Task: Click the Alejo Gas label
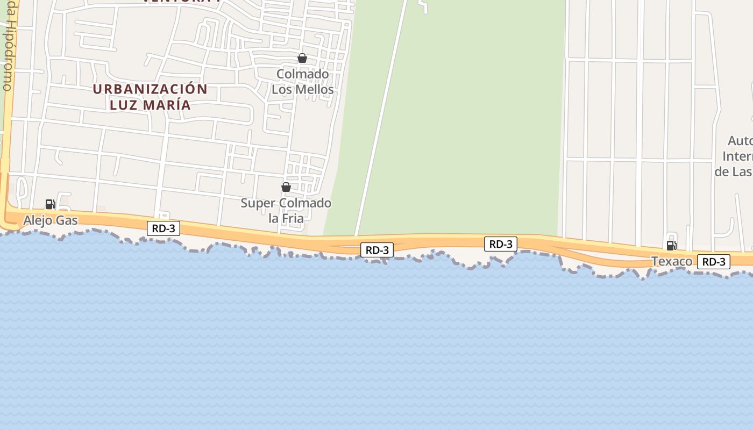point(51,220)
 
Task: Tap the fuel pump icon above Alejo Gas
point(51,204)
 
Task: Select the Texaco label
point(672,262)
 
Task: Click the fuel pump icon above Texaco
point(671,246)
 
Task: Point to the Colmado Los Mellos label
point(302,82)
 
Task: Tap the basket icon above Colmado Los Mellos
point(302,58)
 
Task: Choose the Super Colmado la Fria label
point(286,211)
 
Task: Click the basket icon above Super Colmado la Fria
point(286,187)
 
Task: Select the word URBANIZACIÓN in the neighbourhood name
point(150,89)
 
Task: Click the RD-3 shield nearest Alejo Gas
point(164,228)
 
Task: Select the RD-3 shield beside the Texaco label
point(714,262)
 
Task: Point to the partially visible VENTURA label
point(181,2)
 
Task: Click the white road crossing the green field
point(381,118)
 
